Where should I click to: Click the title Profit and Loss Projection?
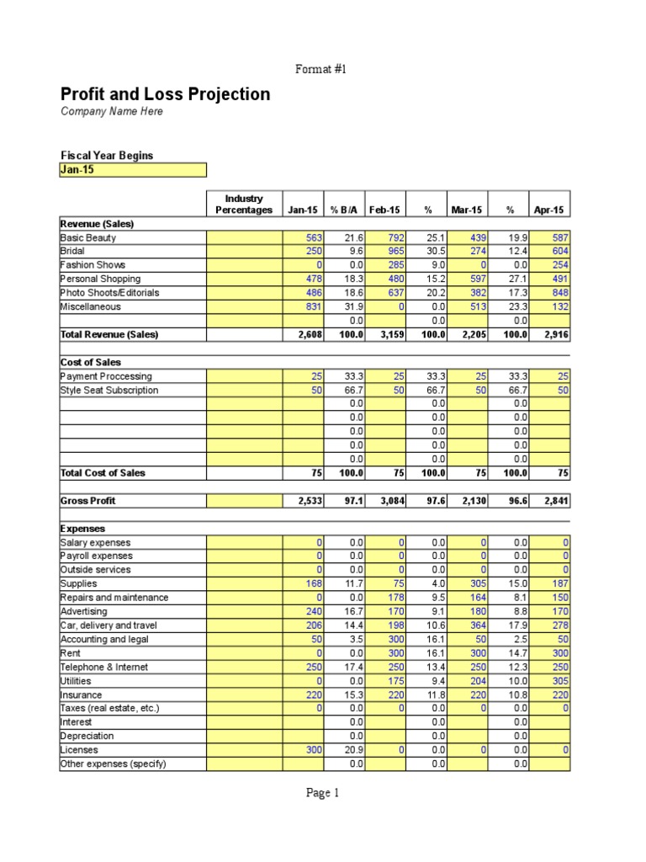(x=165, y=94)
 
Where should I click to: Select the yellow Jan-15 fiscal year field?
(x=132, y=170)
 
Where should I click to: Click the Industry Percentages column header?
(x=244, y=205)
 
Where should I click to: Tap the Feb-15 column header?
(x=385, y=210)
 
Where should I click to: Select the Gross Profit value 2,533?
(x=304, y=501)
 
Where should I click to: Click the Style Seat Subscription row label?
(x=109, y=391)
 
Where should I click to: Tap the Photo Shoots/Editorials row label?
(x=109, y=293)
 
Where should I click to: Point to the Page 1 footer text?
(x=323, y=792)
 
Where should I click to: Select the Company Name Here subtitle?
(x=112, y=112)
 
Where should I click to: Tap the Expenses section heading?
(x=82, y=529)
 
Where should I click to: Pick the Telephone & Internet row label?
(x=103, y=668)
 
